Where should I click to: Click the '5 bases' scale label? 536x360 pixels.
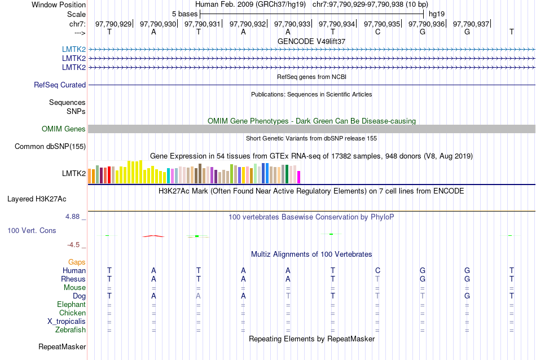[184, 14]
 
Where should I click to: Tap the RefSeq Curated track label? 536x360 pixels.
[60, 85]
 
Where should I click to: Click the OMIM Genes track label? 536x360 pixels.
[64, 129]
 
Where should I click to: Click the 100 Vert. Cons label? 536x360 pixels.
[32, 231]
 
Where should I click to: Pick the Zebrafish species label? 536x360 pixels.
[71, 330]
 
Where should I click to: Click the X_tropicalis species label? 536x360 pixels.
[67, 322]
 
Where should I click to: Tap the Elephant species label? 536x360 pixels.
[71, 305]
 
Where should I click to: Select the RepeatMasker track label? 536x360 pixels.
[62, 346]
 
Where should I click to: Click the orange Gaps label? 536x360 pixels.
[77, 262]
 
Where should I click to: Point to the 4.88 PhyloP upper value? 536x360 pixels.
[74, 217]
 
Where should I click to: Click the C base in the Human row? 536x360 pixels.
[377, 271]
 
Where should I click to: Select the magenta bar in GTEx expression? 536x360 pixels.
[299, 177]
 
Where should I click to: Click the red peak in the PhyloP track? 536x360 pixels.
[154, 235]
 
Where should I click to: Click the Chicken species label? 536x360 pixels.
[72, 313]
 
